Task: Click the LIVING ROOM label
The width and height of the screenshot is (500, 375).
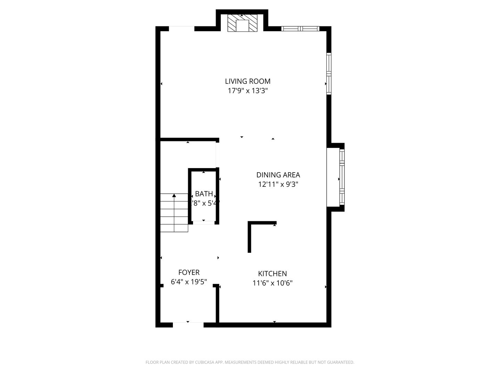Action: pos(248,81)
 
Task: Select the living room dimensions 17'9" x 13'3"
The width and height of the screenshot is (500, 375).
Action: pos(248,91)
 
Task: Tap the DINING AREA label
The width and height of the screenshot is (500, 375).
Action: pos(278,175)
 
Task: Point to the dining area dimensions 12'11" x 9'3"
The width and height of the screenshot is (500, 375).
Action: pos(278,184)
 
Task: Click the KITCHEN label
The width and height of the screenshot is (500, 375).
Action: pos(272,274)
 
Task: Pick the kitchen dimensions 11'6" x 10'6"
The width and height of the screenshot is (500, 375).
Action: pos(272,283)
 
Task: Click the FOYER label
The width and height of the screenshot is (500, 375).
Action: pos(189,273)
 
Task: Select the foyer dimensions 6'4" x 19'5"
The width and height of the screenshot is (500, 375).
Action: pos(189,282)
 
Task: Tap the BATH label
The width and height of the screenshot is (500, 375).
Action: pos(204,194)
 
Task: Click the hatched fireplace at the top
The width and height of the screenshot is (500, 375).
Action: pos(242,23)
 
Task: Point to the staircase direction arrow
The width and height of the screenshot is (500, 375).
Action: pos(174,196)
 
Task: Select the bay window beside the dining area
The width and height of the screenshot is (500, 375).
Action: pos(342,177)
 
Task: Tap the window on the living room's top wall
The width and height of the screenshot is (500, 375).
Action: pos(300,29)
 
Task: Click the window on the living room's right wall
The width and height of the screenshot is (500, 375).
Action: pos(328,73)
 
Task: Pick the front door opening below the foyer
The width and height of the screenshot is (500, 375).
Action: pos(188,324)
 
